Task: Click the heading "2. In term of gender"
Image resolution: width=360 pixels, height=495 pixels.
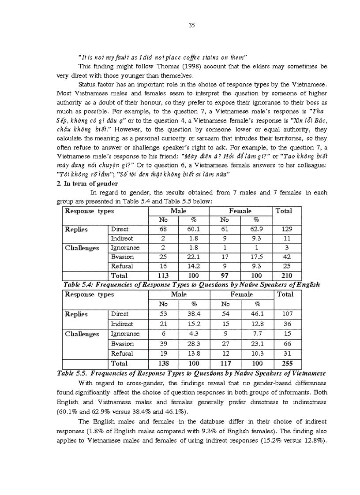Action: pyautogui.click(x=87, y=183)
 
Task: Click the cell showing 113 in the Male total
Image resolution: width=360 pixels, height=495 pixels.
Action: pyautogui.click(x=163, y=276)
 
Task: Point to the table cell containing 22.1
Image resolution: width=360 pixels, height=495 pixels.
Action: pyautogui.click(x=193, y=257)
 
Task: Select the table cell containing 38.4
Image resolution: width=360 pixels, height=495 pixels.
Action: pyautogui.click(x=193, y=314)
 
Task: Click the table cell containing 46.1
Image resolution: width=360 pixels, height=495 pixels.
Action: pyautogui.click(x=255, y=314)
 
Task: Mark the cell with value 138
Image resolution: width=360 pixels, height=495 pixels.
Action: pyautogui.click(x=163, y=364)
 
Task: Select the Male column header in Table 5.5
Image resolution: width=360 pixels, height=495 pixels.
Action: pyautogui.click(x=178, y=294)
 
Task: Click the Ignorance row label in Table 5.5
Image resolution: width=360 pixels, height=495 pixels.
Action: pyautogui.click(x=125, y=334)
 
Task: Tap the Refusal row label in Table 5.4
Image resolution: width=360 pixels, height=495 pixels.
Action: pyautogui.click(x=122, y=266)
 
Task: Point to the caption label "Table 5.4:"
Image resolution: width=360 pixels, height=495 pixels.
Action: pyautogui.click(x=73, y=285)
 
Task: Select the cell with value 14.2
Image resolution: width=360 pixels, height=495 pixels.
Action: pyautogui.click(x=193, y=266)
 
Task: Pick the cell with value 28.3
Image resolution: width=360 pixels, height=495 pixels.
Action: pyautogui.click(x=193, y=344)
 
